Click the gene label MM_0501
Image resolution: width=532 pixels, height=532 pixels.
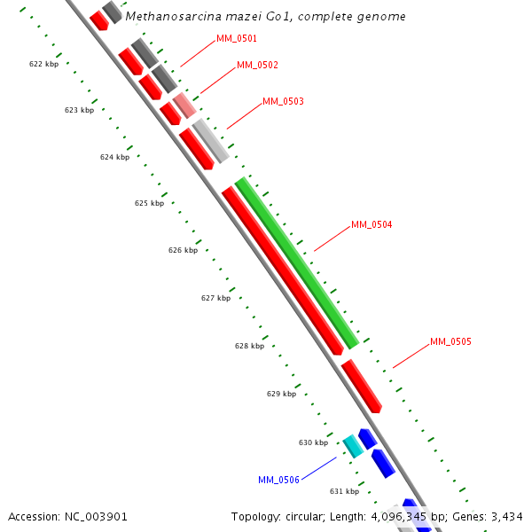(x=237, y=39)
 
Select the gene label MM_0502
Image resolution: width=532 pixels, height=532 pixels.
(x=257, y=66)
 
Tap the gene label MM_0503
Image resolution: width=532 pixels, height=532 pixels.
(x=283, y=102)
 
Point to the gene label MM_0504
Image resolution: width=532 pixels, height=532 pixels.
(x=372, y=225)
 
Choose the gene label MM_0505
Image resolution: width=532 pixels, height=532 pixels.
(x=450, y=342)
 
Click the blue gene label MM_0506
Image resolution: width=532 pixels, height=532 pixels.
(x=278, y=481)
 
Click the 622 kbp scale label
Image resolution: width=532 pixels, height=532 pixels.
(x=43, y=65)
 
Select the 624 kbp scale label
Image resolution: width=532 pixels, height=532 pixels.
(x=114, y=157)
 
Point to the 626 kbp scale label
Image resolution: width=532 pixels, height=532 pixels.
(x=183, y=251)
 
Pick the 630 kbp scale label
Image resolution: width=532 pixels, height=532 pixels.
(x=313, y=442)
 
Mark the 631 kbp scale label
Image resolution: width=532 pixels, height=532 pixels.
(x=344, y=491)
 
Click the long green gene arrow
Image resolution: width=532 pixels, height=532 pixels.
(x=297, y=263)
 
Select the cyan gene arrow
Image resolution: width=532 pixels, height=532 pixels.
(x=353, y=446)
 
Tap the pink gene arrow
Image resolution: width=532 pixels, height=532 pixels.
(x=184, y=106)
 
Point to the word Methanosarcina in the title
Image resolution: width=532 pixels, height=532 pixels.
(x=167, y=17)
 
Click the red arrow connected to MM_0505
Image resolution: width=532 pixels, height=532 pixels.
(x=361, y=386)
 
